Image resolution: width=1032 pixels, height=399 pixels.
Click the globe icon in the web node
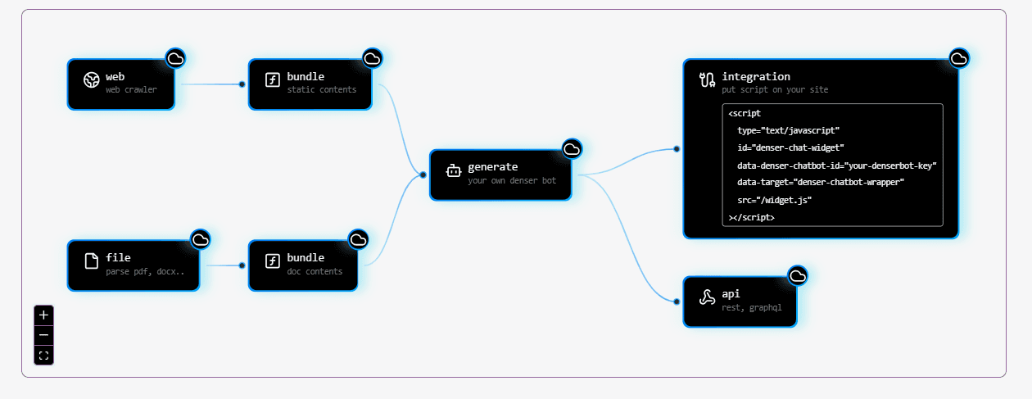92,80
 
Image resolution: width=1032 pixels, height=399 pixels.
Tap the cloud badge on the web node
175,57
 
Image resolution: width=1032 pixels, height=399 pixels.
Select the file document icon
92,262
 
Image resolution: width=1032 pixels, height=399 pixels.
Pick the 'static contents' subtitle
322,89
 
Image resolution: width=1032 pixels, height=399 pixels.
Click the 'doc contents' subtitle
315,271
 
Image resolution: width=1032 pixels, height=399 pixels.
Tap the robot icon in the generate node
453,171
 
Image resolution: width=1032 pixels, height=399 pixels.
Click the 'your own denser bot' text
512,180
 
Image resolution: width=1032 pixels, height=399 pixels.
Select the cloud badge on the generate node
572,148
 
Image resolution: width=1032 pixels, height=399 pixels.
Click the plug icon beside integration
707,80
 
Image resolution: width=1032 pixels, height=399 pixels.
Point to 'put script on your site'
775,89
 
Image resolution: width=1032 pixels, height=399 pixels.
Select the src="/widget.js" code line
774,200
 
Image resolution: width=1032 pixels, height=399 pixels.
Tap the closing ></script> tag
751,217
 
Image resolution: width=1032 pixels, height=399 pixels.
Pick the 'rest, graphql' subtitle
752,307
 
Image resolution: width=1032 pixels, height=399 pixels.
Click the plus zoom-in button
43,315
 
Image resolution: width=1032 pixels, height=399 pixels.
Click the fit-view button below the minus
43,356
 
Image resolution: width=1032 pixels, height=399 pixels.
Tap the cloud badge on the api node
798,276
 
